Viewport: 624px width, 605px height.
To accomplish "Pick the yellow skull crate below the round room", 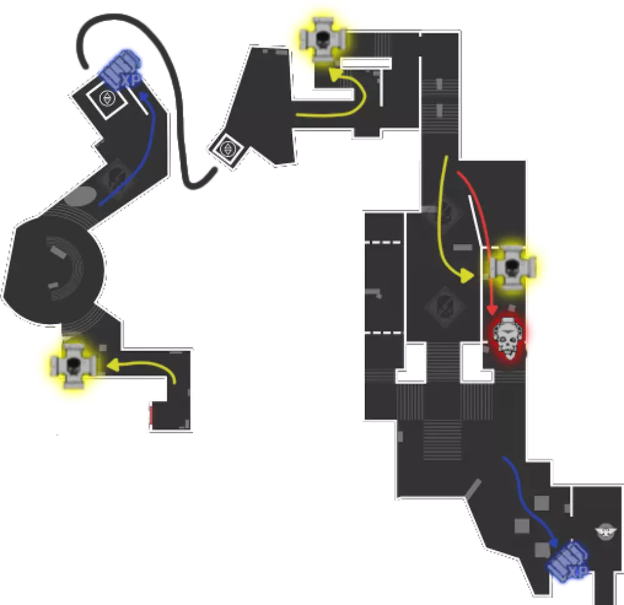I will click(x=74, y=365).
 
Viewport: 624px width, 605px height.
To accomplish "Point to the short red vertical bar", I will click(x=149, y=416).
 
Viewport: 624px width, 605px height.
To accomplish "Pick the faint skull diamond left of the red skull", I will click(x=443, y=304).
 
